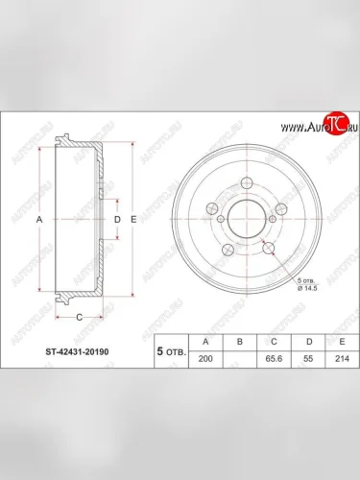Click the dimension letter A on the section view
click(x=39, y=220)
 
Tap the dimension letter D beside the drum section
click(x=117, y=220)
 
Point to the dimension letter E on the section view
click(x=133, y=220)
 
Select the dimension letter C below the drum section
click(x=80, y=316)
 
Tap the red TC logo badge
click(x=333, y=121)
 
